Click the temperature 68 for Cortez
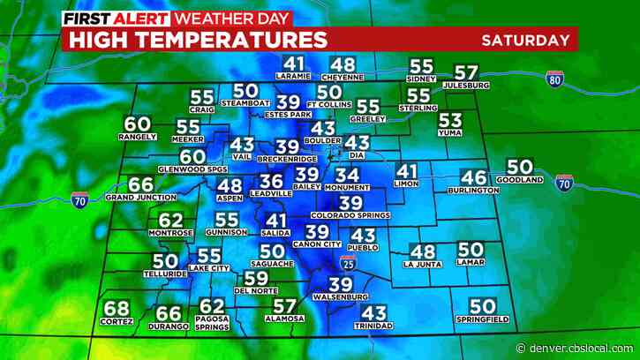[x=116, y=309]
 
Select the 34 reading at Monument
[x=347, y=176]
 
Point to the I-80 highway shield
[x=554, y=78]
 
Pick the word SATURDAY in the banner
[x=525, y=40]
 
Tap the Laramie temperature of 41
[x=294, y=64]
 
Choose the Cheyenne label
[x=343, y=77]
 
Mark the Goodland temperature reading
[x=520, y=166]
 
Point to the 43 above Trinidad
[x=374, y=312]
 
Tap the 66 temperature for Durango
[x=169, y=313]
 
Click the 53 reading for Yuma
[x=450, y=121]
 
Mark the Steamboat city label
[x=245, y=103]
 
